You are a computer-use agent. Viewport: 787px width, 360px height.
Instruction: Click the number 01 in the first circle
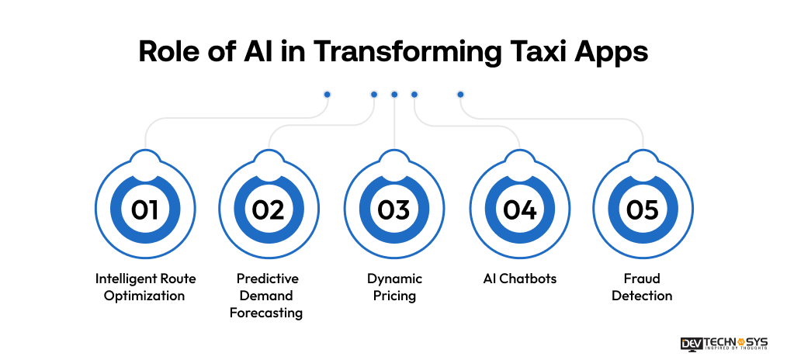[144, 209]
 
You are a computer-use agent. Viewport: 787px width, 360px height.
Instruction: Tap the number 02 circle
[269, 209]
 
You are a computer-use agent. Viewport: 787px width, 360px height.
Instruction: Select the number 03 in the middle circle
[393, 209]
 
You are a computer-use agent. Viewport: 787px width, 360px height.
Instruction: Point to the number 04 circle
[518, 209]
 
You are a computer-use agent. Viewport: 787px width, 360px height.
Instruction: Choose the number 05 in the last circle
[643, 209]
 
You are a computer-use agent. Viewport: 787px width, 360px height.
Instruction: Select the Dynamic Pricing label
[393, 287]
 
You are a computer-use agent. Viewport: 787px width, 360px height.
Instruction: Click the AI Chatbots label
[518, 279]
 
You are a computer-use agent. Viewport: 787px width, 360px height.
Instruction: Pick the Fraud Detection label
[642, 287]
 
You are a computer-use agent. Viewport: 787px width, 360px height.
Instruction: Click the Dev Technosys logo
[723, 343]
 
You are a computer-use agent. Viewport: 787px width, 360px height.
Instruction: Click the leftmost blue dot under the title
[327, 95]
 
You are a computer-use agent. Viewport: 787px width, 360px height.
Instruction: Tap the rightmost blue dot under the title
[460, 95]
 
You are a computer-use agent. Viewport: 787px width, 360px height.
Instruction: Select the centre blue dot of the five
[394, 95]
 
